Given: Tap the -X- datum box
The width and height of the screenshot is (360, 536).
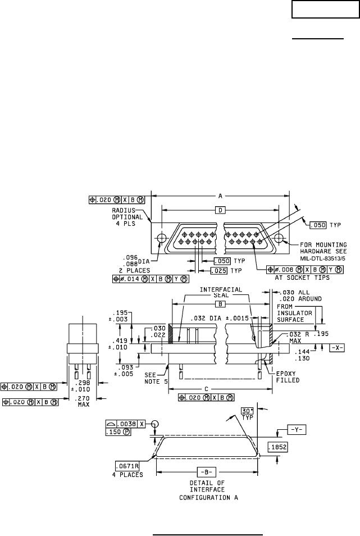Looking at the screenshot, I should (x=336, y=348).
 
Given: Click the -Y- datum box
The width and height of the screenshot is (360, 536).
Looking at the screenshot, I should (x=295, y=429).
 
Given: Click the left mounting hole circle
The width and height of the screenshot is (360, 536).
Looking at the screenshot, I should (x=161, y=238).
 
